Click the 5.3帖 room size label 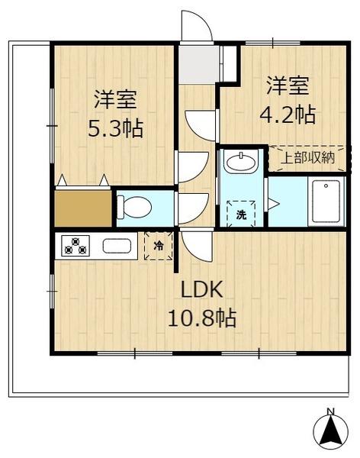click(115, 126)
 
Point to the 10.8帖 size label click(202, 316)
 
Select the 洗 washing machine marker click(240, 214)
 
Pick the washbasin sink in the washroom click(239, 163)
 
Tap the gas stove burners click(76, 247)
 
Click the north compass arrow click(330, 434)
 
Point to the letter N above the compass click(330, 413)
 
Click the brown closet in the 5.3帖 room click(83, 208)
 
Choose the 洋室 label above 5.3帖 click(115, 98)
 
